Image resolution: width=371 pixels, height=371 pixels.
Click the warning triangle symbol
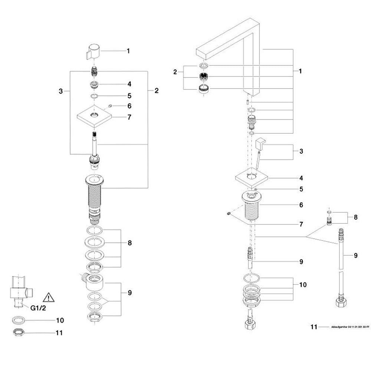coord(49,297)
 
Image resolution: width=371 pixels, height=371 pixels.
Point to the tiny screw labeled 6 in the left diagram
coord(110,106)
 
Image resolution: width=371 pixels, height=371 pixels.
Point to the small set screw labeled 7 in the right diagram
coord(229,213)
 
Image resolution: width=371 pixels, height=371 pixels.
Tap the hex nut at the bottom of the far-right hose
coord(341,301)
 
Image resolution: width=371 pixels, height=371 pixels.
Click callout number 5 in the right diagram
coord(301,189)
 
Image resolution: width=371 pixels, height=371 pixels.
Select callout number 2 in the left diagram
coord(156,91)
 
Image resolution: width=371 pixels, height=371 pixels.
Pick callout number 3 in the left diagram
coord(61,91)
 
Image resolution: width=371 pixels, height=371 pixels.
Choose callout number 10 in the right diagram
coord(303,285)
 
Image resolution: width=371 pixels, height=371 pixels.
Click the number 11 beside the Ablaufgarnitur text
coord(314,327)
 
